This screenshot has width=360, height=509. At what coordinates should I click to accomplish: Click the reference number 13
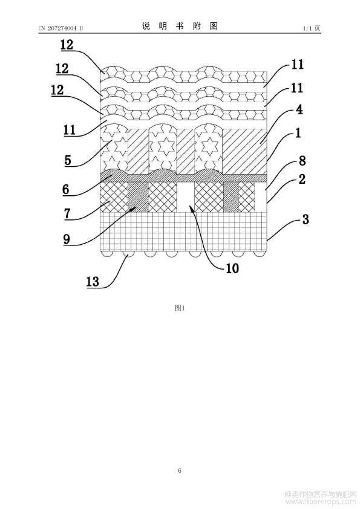click(x=93, y=281)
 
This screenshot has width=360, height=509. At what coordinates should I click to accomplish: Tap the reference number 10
click(x=232, y=268)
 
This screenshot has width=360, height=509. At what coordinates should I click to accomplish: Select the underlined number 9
click(x=67, y=239)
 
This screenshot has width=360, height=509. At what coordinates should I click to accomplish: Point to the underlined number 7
click(x=67, y=213)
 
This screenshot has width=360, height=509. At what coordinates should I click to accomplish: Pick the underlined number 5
click(x=68, y=160)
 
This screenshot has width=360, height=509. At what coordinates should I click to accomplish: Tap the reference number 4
click(x=299, y=109)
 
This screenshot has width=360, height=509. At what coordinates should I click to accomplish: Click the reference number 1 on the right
click(x=298, y=133)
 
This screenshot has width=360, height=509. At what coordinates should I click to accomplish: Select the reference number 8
click(x=302, y=161)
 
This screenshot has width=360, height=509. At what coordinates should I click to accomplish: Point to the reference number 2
click(x=302, y=179)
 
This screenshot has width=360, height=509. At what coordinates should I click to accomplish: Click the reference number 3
click(x=306, y=219)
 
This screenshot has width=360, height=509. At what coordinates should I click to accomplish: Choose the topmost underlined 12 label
click(x=67, y=45)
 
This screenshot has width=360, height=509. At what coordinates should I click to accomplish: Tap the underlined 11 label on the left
click(x=69, y=130)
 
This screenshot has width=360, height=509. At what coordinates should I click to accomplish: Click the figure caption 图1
click(x=180, y=308)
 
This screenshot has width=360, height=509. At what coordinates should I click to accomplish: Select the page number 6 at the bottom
click(x=180, y=470)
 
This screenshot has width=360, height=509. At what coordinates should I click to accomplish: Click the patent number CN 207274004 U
click(x=61, y=28)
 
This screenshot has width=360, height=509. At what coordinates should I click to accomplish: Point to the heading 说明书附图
click(x=180, y=26)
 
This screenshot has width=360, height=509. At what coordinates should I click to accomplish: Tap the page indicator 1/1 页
click(x=312, y=28)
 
